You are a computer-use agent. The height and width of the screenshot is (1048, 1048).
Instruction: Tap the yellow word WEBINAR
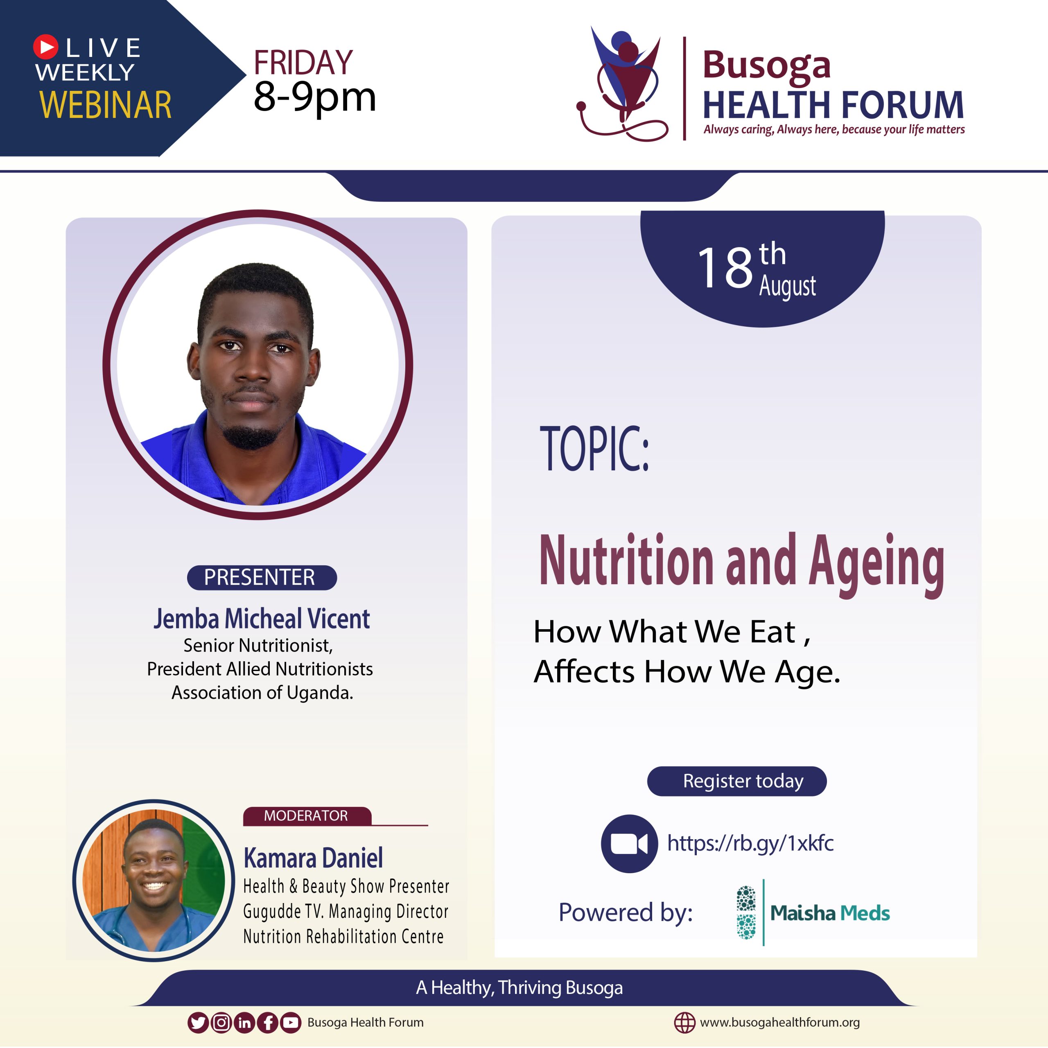coord(106,105)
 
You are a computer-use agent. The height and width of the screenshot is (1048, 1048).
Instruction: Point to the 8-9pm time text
coord(315,98)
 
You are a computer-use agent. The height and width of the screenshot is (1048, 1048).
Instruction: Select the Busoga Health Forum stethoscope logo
coord(623,84)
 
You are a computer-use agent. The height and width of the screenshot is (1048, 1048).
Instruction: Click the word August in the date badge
coord(787,286)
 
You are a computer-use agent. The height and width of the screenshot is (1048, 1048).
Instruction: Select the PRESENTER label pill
coord(262,577)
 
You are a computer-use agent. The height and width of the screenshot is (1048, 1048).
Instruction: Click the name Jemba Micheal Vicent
coord(262,619)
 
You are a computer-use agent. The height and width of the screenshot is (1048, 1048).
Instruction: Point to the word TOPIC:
coord(594,449)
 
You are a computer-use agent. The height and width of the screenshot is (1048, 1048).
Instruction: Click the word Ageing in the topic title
coord(876,565)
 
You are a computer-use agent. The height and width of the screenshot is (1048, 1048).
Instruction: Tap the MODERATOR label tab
coord(307,816)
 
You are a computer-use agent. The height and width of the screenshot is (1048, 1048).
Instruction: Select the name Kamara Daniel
coord(314,858)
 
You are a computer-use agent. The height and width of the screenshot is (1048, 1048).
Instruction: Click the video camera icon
coord(629,843)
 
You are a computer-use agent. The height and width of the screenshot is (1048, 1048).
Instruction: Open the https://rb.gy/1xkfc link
coord(750,843)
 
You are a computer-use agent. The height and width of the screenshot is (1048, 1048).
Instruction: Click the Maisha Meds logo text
coord(830,913)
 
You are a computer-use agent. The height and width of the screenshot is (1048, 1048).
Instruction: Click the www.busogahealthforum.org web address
coord(779,1023)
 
